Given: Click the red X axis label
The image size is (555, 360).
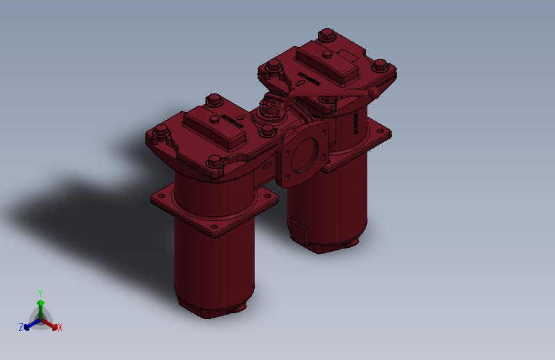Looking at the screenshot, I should tap(60, 327).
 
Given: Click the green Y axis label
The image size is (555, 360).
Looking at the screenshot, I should tap(40, 292).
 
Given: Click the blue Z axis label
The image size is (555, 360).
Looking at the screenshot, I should tap(21, 327).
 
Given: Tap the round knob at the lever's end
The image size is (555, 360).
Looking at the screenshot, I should tap(375, 94).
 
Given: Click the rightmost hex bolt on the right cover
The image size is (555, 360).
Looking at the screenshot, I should tap(380, 65).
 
